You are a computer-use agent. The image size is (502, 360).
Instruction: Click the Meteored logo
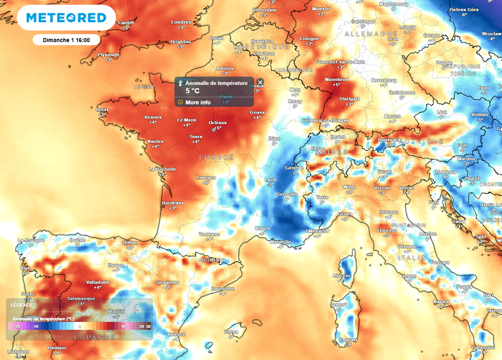(x=66, y=18)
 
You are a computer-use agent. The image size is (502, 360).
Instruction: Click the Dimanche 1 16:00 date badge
(x=66, y=40)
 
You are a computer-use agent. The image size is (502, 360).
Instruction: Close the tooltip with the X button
(x=260, y=82)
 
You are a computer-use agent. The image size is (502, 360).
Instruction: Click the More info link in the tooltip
(x=198, y=102)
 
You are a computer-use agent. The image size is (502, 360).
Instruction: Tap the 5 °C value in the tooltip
(x=192, y=91)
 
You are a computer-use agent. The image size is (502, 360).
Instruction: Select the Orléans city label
(x=218, y=122)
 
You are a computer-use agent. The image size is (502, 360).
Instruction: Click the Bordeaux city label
(x=173, y=203)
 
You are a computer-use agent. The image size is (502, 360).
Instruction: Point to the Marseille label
(x=280, y=241)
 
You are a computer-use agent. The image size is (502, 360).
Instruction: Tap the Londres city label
(x=181, y=22)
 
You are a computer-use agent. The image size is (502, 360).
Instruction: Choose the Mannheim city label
(x=336, y=79)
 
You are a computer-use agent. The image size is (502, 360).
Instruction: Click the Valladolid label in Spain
(x=98, y=282)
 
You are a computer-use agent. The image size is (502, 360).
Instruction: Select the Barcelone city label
(x=223, y=289)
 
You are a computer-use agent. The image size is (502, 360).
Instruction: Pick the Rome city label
(x=409, y=276)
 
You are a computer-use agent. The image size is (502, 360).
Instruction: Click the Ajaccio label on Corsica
(x=341, y=276)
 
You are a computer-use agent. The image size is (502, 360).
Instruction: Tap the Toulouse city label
(x=209, y=234)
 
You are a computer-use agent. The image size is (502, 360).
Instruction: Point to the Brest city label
(x=102, y=110)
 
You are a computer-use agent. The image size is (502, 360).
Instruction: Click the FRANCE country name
(x=216, y=158)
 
